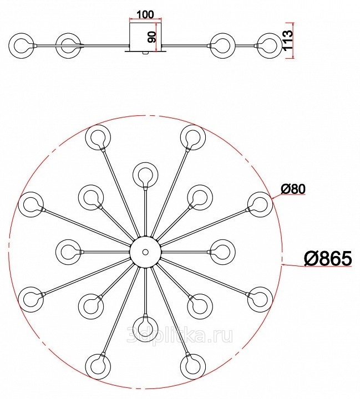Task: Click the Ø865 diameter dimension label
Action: pyautogui.click(x=327, y=258)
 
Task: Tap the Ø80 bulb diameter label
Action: pyautogui.click(x=293, y=189)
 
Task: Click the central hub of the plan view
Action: pyautogui.click(x=145, y=252)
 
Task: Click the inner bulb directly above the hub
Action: pyautogui.click(x=145, y=175)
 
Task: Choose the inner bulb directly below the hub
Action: pyautogui.click(x=145, y=324)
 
